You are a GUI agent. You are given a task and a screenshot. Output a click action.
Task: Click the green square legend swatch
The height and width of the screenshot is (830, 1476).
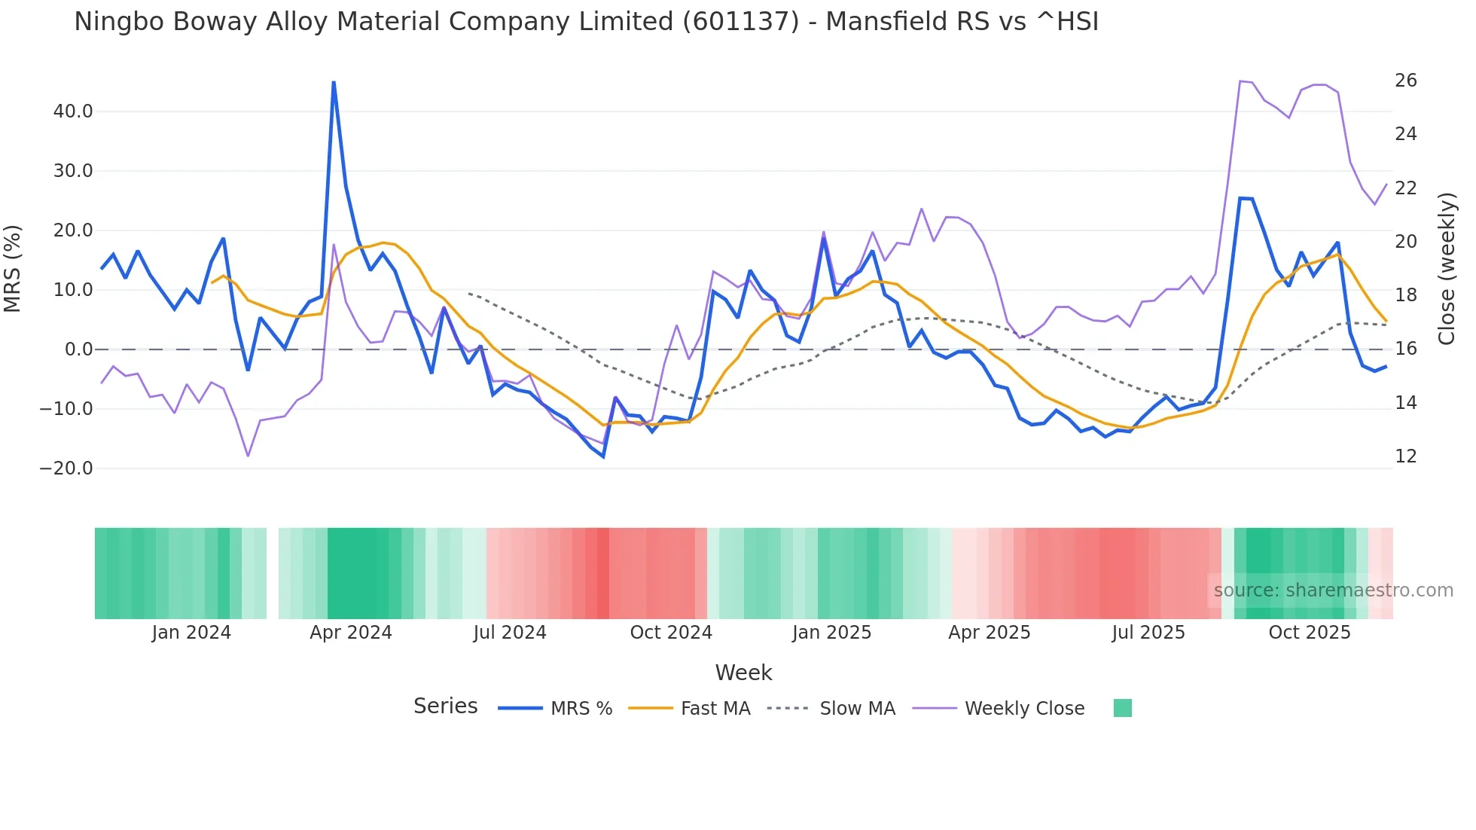[1122, 708]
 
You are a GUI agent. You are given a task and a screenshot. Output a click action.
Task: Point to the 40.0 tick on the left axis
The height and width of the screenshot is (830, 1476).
[73, 111]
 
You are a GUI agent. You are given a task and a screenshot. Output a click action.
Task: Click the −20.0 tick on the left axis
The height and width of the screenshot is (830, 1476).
[66, 468]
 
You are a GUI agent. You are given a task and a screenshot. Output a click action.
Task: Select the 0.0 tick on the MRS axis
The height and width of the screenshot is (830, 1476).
[78, 349]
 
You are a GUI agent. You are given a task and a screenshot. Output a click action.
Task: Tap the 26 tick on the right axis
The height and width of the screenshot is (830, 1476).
[1405, 81]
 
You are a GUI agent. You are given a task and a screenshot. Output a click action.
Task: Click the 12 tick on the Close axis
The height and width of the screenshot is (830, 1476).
[1405, 456]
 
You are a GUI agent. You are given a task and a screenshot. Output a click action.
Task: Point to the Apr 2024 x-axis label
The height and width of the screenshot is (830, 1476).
[351, 633]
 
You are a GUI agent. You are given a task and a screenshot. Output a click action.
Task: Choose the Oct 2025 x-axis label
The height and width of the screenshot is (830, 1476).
[1309, 633]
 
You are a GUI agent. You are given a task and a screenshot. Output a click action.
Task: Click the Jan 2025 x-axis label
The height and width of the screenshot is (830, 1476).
[831, 633]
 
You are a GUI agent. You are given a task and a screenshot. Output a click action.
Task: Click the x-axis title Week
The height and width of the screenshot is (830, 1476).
[743, 673]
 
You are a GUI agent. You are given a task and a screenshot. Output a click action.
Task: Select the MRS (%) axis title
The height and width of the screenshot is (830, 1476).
[13, 269]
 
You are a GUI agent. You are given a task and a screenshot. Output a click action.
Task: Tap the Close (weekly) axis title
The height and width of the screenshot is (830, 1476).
[1447, 269]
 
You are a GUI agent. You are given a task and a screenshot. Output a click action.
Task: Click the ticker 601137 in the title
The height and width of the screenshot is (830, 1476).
[741, 22]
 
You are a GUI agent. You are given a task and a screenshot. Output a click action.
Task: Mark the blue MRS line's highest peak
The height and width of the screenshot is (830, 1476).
[334, 82]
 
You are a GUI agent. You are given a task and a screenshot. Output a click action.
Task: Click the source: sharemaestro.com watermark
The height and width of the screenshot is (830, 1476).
[1333, 590]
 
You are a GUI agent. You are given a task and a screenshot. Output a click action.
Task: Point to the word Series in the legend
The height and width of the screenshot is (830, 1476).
[445, 706]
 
